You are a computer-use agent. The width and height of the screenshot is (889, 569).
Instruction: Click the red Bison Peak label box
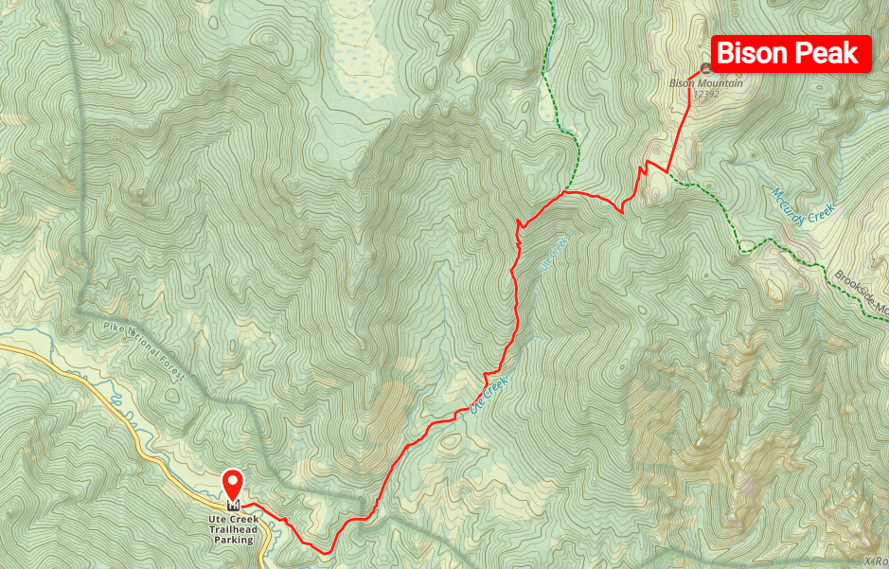(x=791, y=53)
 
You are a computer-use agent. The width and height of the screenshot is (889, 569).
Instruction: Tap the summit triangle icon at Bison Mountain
(x=705, y=69)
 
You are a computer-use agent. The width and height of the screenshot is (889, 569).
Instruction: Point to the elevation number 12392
(x=706, y=94)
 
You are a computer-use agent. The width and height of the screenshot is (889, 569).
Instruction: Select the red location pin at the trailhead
(x=233, y=484)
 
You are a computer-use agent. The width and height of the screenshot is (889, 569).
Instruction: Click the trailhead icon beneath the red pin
(x=233, y=505)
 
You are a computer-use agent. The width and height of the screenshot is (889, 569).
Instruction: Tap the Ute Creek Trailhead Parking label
(x=233, y=529)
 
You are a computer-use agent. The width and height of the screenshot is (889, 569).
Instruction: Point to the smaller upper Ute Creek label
(x=552, y=255)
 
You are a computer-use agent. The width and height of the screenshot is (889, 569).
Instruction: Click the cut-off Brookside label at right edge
(x=862, y=293)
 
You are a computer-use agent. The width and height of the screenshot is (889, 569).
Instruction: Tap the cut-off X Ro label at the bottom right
(x=875, y=560)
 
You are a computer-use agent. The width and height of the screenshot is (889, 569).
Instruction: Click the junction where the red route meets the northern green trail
(x=564, y=192)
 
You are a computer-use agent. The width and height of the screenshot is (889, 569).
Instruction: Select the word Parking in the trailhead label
(x=233, y=541)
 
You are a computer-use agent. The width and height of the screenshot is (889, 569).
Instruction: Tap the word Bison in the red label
(x=753, y=53)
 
